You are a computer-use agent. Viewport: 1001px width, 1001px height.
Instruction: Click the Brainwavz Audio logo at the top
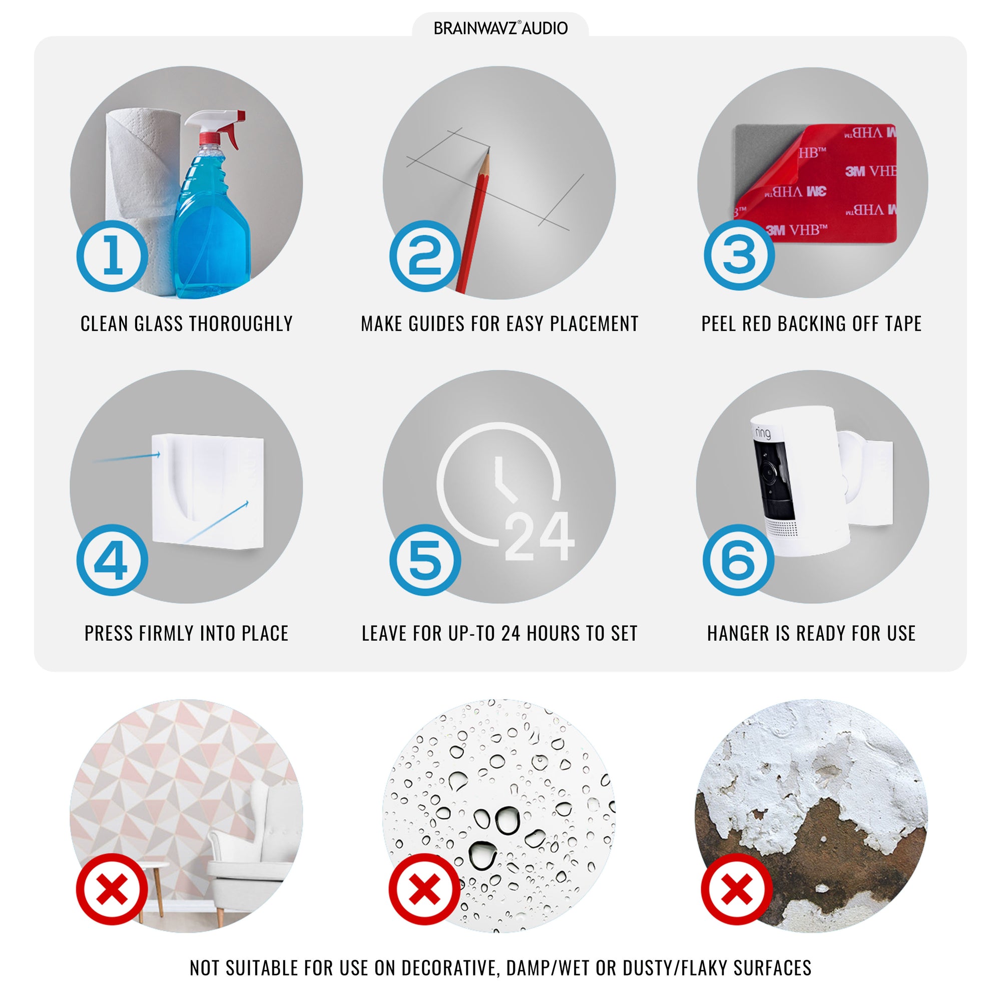(500, 28)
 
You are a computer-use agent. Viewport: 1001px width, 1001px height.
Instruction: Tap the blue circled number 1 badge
(113, 256)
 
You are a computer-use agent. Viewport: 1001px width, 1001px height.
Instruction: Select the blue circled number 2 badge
(425, 256)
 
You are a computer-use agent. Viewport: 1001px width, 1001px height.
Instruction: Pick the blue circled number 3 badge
(739, 254)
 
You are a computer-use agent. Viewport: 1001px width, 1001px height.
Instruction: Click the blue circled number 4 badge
(113, 560)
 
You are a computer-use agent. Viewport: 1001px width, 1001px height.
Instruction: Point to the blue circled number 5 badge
(425, 560)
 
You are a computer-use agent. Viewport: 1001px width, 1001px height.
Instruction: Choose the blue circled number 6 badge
(739, 560)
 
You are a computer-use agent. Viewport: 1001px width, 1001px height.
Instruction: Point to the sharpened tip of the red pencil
(488, 150)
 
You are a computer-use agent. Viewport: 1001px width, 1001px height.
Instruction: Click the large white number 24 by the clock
(540, 536)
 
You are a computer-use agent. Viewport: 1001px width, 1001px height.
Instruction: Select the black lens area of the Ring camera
(773, 479)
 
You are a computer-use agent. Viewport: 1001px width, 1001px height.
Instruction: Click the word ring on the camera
(763, 432)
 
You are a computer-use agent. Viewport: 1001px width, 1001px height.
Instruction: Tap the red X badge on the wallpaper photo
(113, 889)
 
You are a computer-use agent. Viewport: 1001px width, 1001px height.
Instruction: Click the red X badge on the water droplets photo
(425, 889)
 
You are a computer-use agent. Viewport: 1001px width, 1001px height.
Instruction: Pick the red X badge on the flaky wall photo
(737, 889)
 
